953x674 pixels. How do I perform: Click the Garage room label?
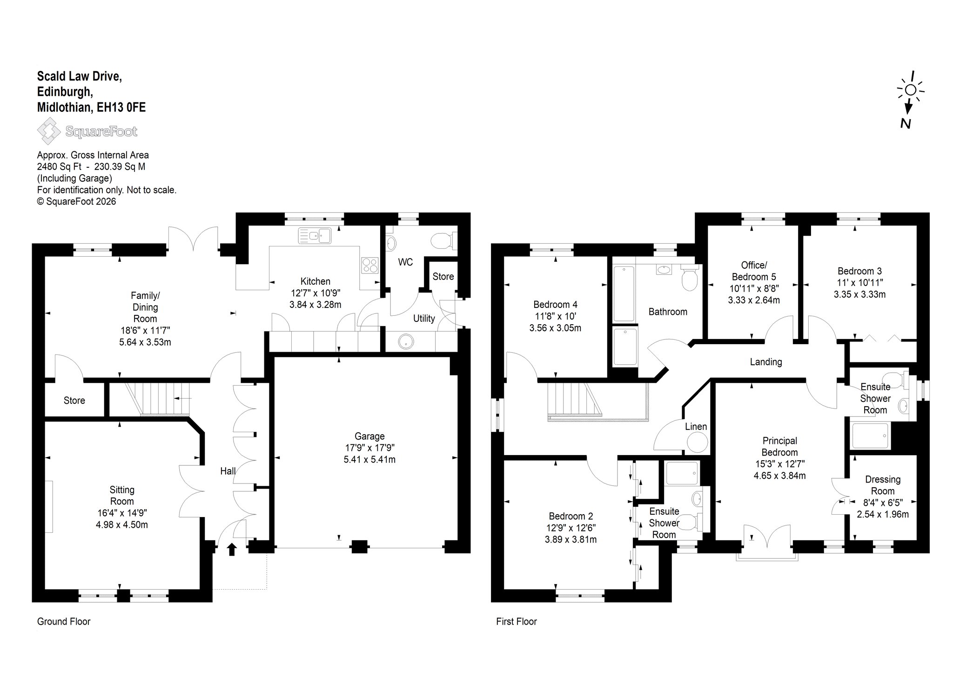[x=369, y=436]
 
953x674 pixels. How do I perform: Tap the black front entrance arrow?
[x=232, y=550]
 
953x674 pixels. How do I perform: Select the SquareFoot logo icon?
[x=49, y=131]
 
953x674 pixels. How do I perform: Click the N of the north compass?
[x=906, y=123]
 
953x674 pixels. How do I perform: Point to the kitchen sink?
[x=315, y=235]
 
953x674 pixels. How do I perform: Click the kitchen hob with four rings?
[x=370, y=265]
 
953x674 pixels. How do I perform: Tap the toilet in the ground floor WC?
[x=443, y=241]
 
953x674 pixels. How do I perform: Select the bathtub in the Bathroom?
[x=624, y=293]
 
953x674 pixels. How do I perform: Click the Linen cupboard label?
[x=696, y=426]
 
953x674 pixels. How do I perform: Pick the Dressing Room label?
[x=883, y=485]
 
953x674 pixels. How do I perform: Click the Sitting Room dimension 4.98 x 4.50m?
[x=122, y=524]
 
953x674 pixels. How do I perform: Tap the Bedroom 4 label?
[x=555, y=305]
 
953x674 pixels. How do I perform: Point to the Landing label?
[x=766, y=361]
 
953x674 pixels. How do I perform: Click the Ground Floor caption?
[x=64, y=621]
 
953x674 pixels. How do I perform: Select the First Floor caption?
[x=517, y=621]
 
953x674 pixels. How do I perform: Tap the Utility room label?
[x=424, y=319]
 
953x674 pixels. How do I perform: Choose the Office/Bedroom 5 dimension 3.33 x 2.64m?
[x=754, y=300]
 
